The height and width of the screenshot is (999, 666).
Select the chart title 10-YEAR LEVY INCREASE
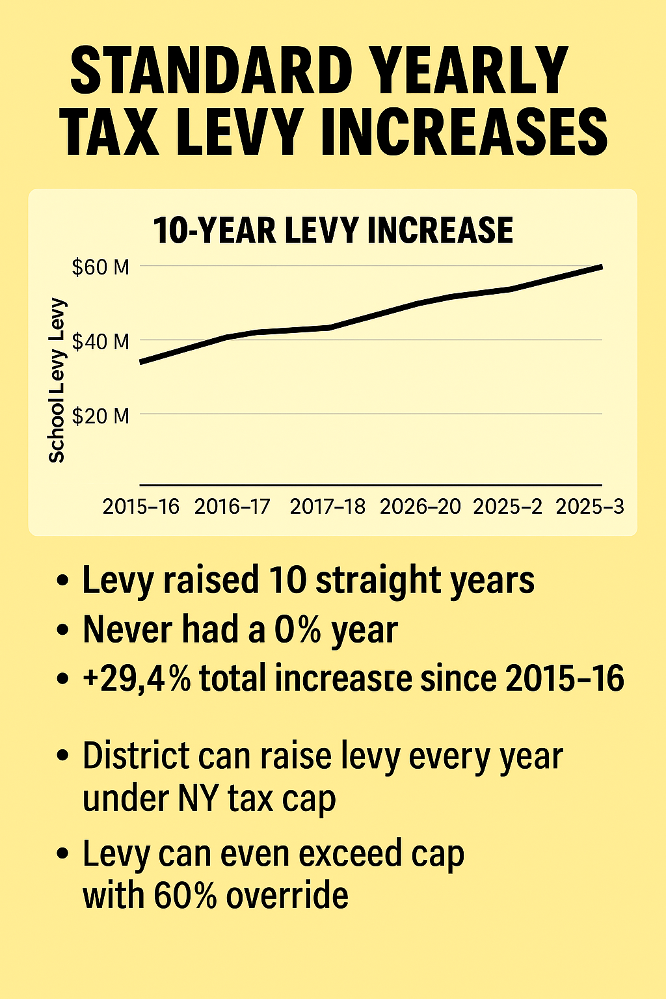[x=333, y=231]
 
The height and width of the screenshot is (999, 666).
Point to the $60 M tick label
[x=101, y=267]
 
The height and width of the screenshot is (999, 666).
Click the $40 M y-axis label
[x=101, y=341]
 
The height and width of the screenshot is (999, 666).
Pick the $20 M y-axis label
[x=101, y=415]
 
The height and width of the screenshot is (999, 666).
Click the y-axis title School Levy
[x=57, y=380]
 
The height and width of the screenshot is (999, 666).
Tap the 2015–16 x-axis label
[x=141, y=507]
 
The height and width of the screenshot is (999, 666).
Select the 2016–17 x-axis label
[x=232, y=507]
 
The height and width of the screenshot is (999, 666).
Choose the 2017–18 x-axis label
[x=328, y=507]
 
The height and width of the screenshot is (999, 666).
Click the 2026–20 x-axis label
[x=420, y=507]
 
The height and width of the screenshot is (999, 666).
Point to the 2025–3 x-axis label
[x=590, y=507]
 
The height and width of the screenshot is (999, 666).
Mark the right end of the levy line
[x=601, y=267]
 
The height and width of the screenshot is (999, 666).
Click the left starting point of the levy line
[x=141, y=362]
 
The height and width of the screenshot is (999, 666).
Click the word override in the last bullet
[x=287, y=896]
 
